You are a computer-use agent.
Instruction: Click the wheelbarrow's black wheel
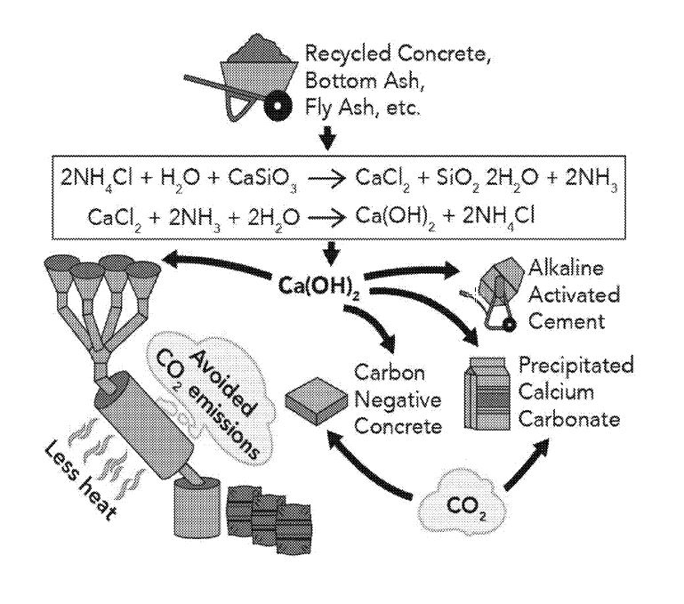(x=283, y=105)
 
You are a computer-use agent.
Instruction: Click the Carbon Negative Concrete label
(x=397, y=398)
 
